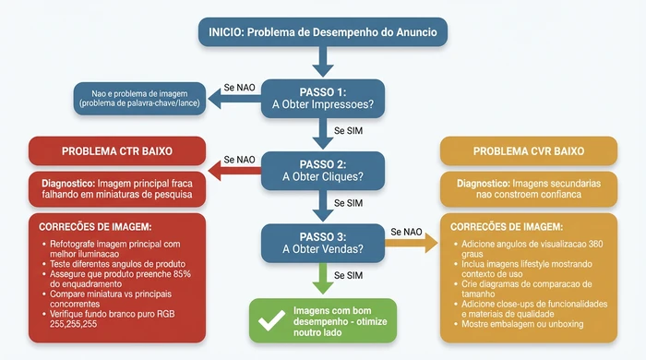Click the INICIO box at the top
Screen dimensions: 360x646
[322, 31]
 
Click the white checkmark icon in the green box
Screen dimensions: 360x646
[271, 320]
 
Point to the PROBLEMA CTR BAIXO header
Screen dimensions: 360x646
[116, 150]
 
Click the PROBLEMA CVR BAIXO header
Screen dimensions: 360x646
[529, 150]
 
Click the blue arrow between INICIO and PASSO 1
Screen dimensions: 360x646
[322, 63]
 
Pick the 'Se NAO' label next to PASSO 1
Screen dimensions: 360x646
[239, 88]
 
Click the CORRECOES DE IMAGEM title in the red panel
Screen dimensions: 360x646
[96, 226]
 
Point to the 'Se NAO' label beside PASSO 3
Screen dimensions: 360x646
[407, 231]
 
